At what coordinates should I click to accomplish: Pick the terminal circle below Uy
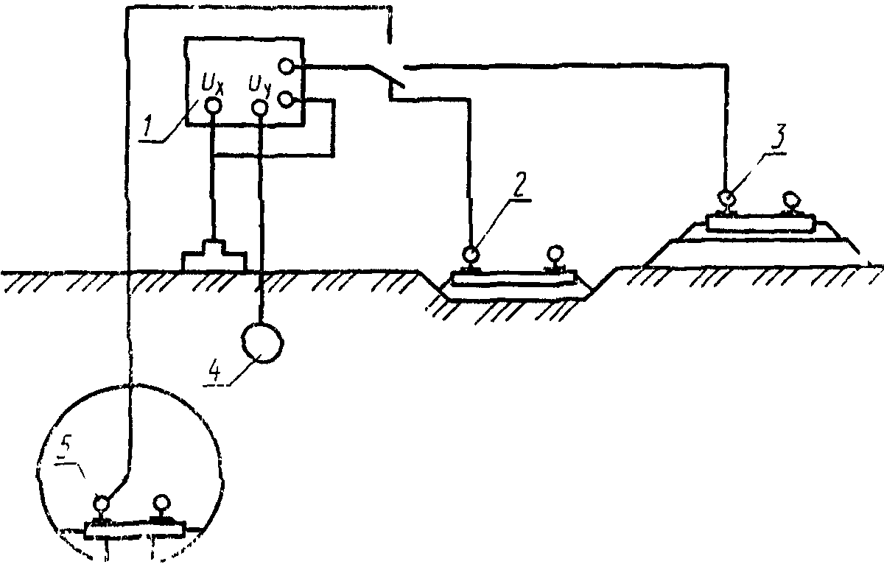tap(260, 108)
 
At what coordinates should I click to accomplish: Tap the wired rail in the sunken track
tap(469, 257)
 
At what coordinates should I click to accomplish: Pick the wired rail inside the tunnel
tap(100, 505)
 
